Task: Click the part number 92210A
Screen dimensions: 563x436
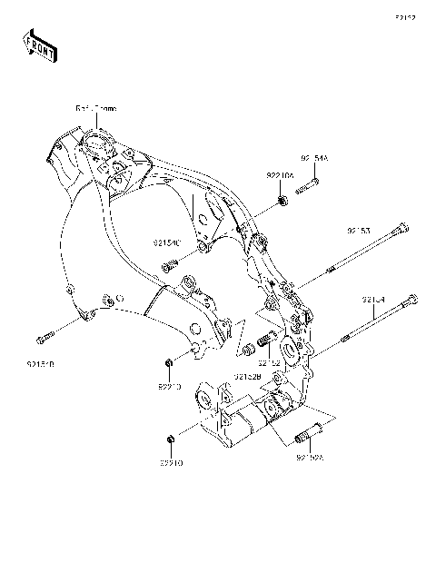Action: pos(279,174)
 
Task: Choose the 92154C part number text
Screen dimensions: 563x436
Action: pos(167,243)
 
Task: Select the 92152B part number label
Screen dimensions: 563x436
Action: pos(247,375)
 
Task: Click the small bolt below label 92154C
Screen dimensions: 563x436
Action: pos(168,266)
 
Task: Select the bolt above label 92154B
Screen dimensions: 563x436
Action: pos(44,341)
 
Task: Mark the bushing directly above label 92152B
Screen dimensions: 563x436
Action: pos(244,351)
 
